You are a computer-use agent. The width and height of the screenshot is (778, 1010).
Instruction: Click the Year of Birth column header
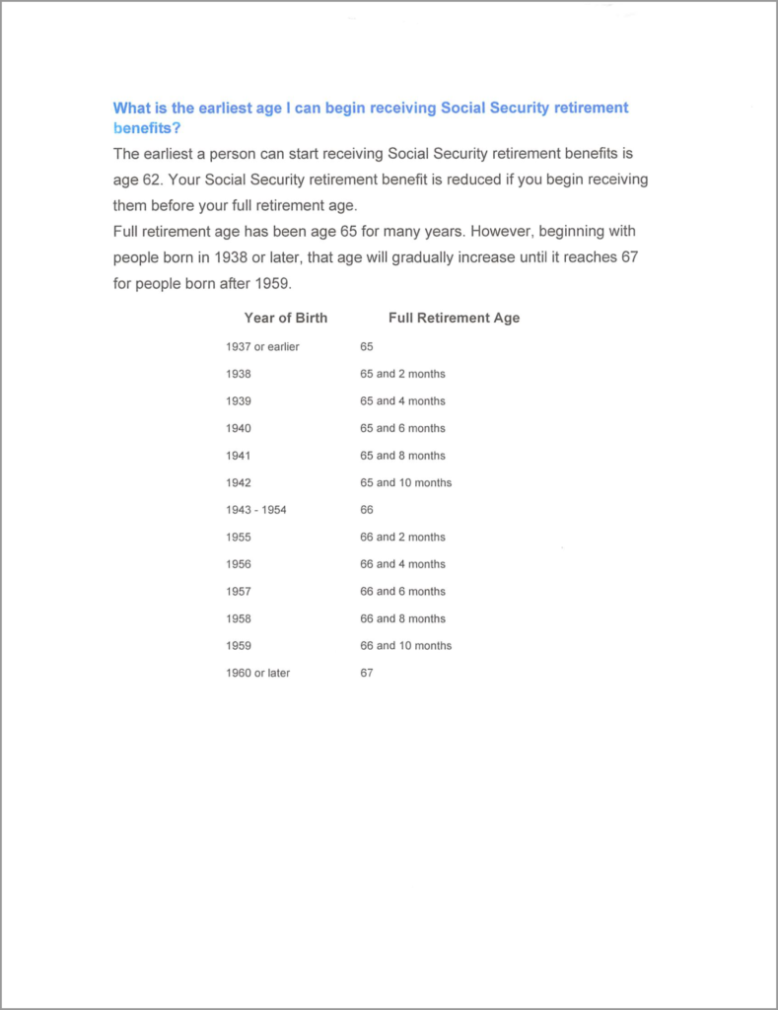coord(286,318)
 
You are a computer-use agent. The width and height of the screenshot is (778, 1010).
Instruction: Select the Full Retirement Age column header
coord(454,318)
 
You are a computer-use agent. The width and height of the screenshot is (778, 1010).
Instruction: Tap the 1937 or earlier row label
coord(262,347)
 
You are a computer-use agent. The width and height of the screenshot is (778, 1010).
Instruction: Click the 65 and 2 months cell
coord(402,374)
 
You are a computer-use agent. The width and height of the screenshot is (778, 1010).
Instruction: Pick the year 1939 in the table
coord(238,401)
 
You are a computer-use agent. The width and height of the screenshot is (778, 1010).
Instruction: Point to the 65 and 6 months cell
coord(402,428)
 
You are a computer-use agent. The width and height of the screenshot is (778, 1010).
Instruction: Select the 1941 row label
coord(238,456)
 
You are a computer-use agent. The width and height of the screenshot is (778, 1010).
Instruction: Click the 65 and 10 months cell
coord(405,482)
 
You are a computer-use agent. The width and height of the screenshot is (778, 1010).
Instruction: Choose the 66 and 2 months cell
coord(402,537)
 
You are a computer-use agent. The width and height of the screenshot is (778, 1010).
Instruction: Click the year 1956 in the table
coord(238,564)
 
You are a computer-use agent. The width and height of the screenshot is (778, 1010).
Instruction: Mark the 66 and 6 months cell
coord(402,591)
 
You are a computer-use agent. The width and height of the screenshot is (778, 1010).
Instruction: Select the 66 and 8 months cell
coord(402,618)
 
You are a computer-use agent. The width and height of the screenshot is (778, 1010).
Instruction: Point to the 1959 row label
coord(238,645)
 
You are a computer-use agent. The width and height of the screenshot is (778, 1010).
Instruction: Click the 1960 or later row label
coord(257,673)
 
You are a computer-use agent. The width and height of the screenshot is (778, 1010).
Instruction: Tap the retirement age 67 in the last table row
coord(367,673)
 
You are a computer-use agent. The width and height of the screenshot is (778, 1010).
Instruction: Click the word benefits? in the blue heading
coord(146,127)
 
